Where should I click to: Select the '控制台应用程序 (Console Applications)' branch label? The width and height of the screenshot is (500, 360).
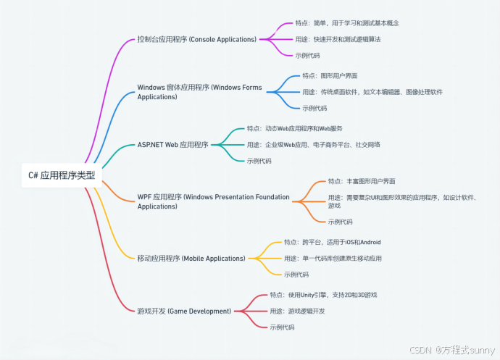point(196,38)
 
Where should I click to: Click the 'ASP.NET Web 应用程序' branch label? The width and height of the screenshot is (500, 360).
point(172,144)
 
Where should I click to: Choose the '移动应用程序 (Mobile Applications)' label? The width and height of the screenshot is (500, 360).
point(191,258)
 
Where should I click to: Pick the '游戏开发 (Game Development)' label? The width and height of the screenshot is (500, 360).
point(184,311)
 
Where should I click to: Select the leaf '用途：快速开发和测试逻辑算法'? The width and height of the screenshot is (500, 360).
point(338,38)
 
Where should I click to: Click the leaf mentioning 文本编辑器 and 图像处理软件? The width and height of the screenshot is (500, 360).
point(372,92)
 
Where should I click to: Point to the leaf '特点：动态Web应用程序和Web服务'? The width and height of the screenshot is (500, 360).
point(294,128)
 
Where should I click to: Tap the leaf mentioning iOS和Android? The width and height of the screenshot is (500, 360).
point(332,242)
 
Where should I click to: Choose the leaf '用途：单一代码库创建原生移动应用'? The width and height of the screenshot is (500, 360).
point(333,259)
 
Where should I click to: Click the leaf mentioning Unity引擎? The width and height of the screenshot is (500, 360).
point(323,295)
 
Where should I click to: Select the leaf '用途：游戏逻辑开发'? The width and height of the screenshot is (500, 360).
point(297,311)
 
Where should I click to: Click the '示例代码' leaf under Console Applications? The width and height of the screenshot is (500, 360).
point(308,55)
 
